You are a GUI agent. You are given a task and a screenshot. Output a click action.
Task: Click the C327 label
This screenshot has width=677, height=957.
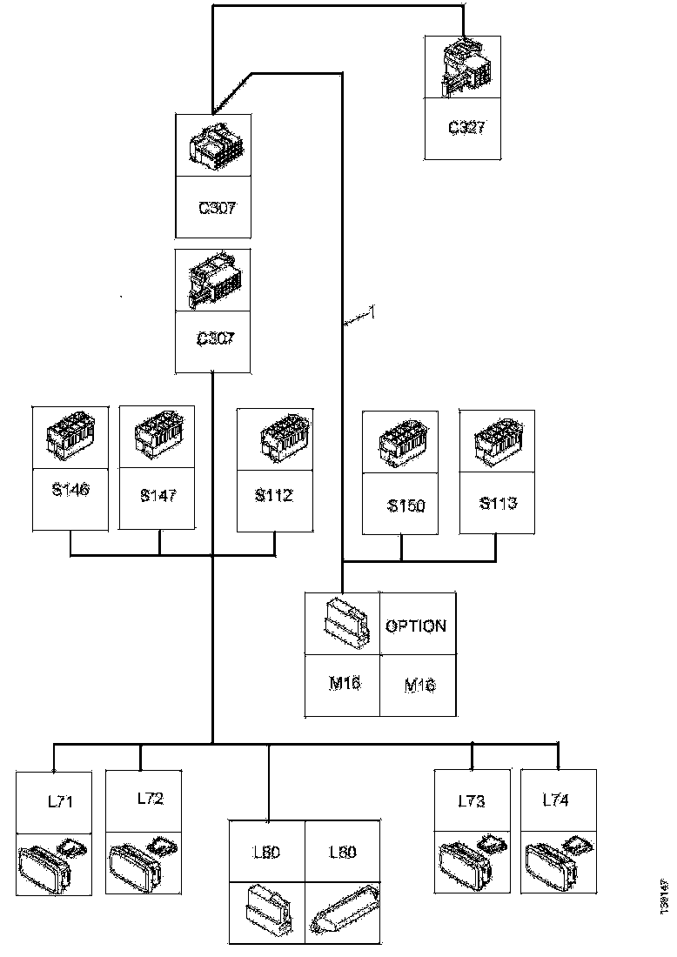point(466,127)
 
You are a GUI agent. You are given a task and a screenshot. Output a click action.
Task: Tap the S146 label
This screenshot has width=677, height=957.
point(70,490)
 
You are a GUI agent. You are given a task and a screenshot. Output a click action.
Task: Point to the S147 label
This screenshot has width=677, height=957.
point(158,496)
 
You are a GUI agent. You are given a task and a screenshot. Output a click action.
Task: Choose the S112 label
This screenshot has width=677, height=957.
point(274,496)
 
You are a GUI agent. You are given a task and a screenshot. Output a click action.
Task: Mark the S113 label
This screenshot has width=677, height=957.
point(497,503)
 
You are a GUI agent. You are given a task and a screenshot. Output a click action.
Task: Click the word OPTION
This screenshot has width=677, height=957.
point(416,626)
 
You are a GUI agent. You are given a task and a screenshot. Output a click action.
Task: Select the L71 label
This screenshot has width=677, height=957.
point(60,800)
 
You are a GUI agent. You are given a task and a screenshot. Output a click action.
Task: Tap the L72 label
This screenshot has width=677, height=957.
point(150,798)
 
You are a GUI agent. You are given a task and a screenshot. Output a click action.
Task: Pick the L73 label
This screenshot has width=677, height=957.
point(471,800)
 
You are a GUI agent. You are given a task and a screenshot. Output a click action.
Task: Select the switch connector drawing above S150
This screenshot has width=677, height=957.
point(399,443)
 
